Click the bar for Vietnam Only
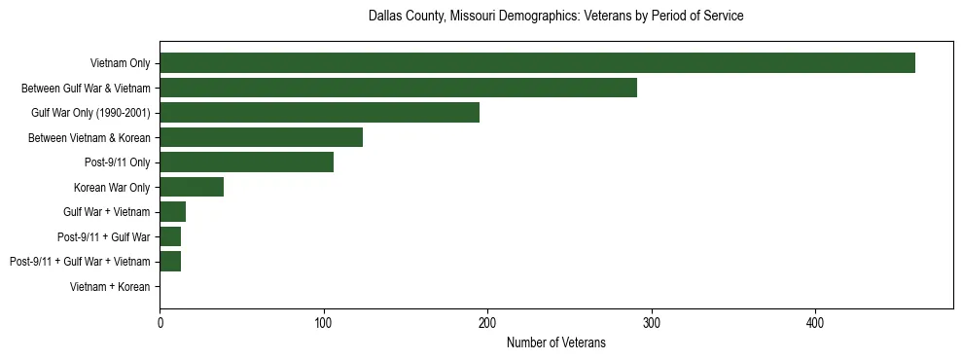(x=537, y=63)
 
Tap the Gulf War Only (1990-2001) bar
(x=319, y=113)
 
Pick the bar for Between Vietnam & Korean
(x=261, y=137)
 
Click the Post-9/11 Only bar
(x=246, y=162)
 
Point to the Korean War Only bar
(x=192, y=187)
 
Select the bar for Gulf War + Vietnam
(x=172, y=212)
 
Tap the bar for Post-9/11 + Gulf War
(x=170, y=236)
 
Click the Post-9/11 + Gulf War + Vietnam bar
(x=170, y=262)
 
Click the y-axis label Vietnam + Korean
(x=110, y=287)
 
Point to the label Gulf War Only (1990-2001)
(x=90, y=114)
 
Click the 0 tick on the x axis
(x=160, y=322)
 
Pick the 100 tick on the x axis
(x=324, y=322)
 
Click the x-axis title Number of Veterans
(x=555, y=342)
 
